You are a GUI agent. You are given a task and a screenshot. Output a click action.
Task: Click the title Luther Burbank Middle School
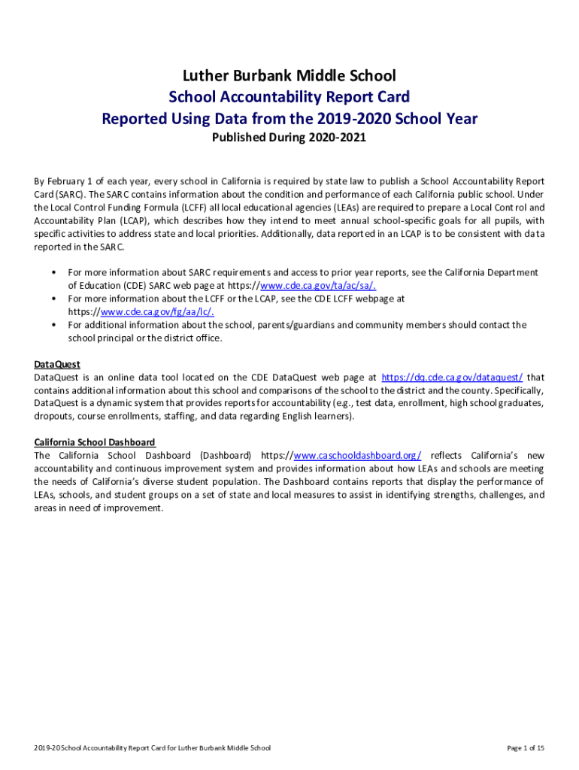[x=289, y=75]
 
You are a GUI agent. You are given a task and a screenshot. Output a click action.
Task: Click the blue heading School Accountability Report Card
[x=289, y=97]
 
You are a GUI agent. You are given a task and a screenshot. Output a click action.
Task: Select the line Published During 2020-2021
[x=289, y=138]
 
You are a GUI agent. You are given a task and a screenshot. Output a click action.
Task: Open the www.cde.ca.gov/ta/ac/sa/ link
[x=317, y=285]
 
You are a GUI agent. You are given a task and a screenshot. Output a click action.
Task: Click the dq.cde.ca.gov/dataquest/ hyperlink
[x=452, y=377]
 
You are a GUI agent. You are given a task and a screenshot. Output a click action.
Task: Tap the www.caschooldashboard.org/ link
[x=357, y=456]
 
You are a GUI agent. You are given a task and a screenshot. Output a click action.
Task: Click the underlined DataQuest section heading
[x=57, y=365]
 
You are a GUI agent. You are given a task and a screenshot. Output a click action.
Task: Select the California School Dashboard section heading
[x=95, y=442]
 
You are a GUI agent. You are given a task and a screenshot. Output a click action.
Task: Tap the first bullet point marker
[x=56, y=272]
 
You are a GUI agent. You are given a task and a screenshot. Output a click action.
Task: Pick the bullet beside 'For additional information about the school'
[x=56, y=325]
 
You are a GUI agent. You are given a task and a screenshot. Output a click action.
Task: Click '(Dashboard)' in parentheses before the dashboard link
[x=226, y=456]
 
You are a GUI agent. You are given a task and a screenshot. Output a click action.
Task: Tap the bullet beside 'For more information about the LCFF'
[x=56, y=299]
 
